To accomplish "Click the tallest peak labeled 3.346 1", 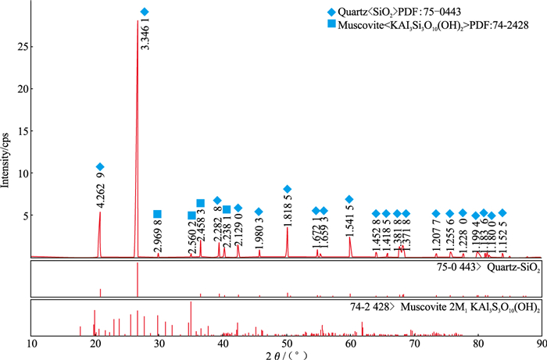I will tap(138, 23).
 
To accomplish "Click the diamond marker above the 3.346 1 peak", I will tap(144, 12).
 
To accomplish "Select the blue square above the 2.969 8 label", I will tap(157, 214).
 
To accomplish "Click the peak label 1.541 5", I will tap(350, 220).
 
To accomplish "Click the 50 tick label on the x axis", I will tap(287, 343).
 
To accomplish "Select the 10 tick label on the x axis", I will tap(31, 343).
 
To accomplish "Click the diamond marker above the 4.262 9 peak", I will tap(100, 167).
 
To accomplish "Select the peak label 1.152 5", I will tap(503, 237).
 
